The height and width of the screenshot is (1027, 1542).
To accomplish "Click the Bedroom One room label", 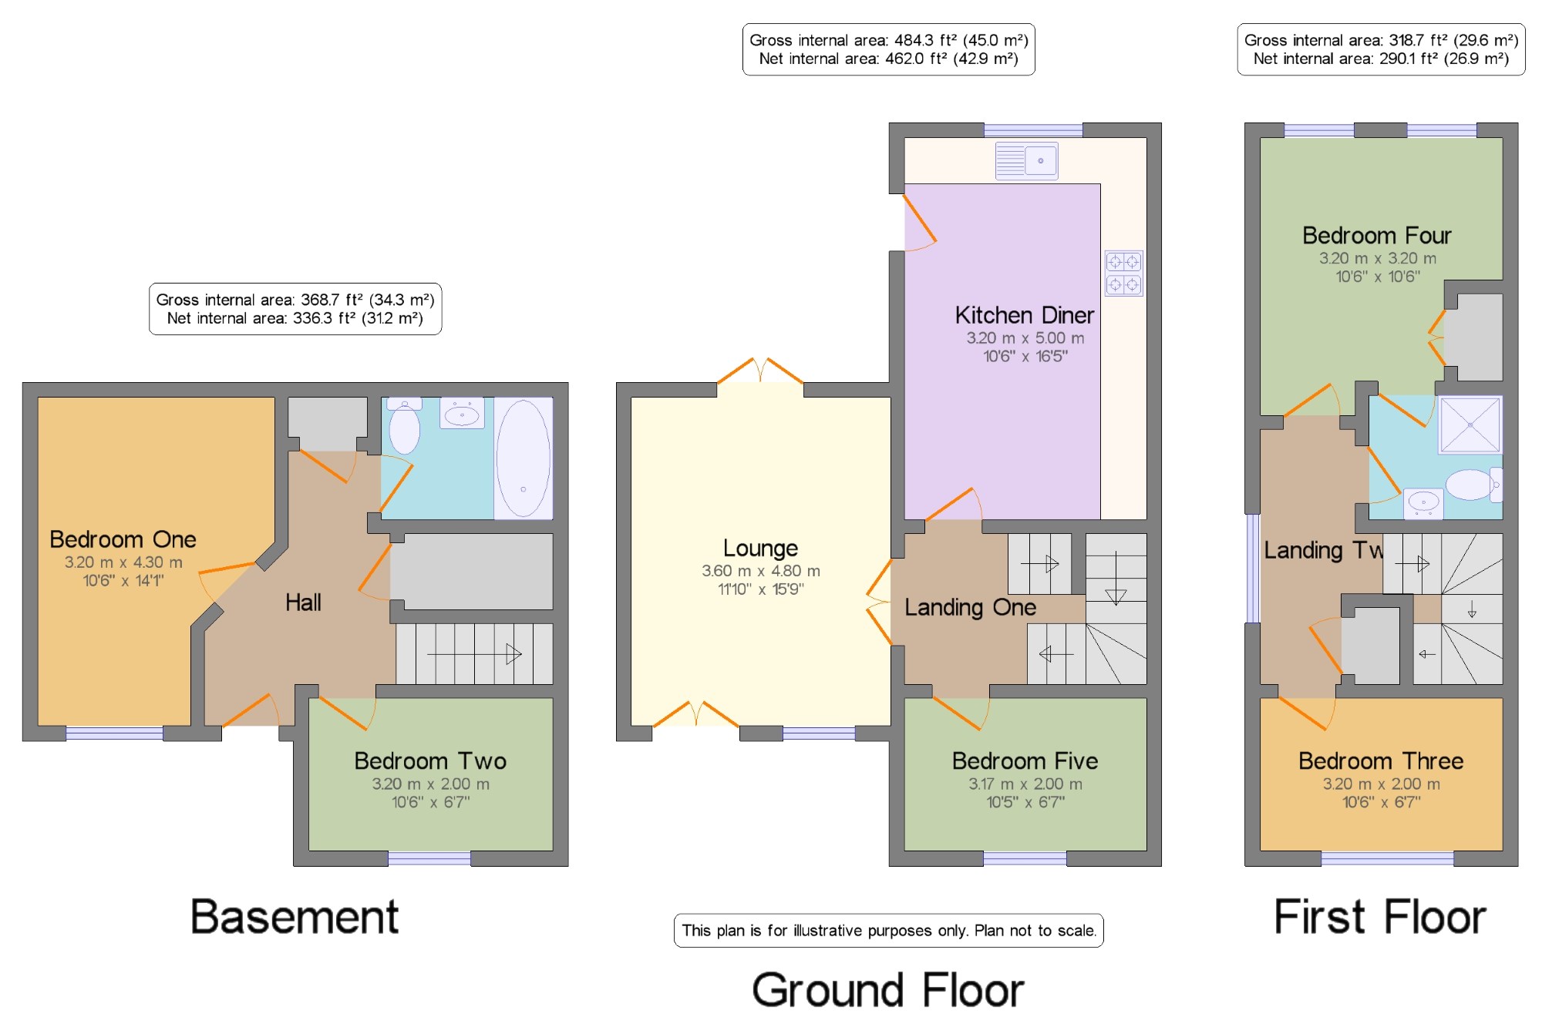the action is pyautogui.click(x=123, y=539).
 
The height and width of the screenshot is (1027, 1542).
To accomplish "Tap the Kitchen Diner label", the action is pyautogui.click(x=1025, y=315).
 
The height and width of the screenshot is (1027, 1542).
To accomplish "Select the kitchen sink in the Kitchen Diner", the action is pyautogui.click(x=1026, y=160).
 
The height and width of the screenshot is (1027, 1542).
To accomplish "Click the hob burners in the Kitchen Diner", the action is pyautogui.click(x=1123, y=274).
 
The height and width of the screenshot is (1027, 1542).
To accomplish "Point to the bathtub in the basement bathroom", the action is pyautogui.click(x=524, y=458).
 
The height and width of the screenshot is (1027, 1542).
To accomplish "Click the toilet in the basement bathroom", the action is pyautogui.click(x=404, y=426).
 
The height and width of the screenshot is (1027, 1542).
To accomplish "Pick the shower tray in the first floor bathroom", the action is pyautogui.click(x=1470, y=425).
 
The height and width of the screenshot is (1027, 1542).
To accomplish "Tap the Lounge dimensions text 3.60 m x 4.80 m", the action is pyautogui.click(x=761, y=571).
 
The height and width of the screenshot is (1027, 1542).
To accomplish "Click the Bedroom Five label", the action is pyautogui.click(x=1025, y=761).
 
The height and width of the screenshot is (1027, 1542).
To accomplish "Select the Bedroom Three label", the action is pyautogui.click(x=1381, y=761).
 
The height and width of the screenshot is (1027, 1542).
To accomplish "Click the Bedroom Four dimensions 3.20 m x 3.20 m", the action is pyautogui.click(x=1378, y=259).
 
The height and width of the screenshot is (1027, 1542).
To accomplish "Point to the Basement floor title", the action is pyautogui.click(x=295, y=917).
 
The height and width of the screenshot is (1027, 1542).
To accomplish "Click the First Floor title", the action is pyautogui.click(x=1380, y=917).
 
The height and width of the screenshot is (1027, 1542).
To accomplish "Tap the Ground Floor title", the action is pyautogui.click(x=888, y=990).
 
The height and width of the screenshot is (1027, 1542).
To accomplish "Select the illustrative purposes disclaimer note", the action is pyautogui.click(x=889, y=931).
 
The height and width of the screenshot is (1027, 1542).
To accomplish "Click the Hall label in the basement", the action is pyautogui.click(x=303, y=602).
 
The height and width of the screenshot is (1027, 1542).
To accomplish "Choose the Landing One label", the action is pyautogui.click(x=970, y=608).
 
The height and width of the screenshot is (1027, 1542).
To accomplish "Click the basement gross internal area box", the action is pyautogui.click(x=295, y=309).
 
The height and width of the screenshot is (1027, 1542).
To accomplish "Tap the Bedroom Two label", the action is pyautogui.click(x=430, y=761).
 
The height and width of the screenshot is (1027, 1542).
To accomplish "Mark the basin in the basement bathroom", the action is pyautogui.click(x=462, y=414).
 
